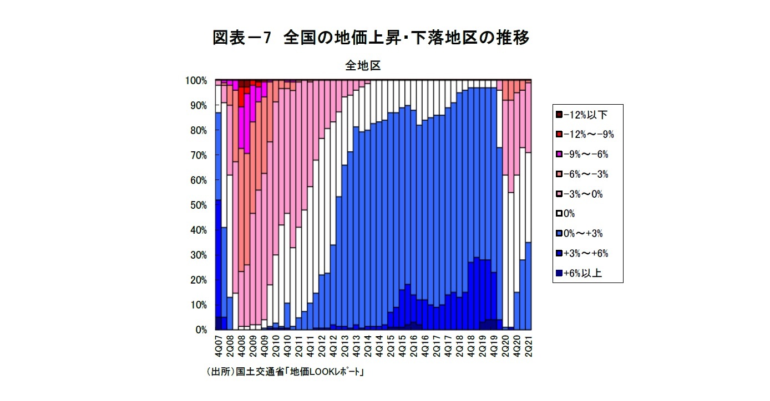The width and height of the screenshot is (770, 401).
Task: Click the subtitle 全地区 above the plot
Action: point(363,65)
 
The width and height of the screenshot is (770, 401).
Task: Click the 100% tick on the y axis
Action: point(196,81)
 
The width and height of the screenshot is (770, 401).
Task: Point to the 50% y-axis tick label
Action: point(197,205)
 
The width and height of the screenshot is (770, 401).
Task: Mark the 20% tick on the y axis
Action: point(197,280)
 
